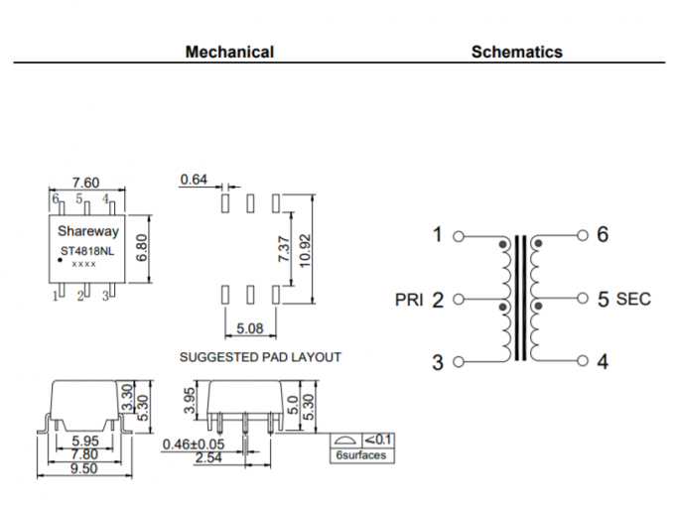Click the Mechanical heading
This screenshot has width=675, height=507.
point(229,52)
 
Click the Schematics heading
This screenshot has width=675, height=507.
point(516,52)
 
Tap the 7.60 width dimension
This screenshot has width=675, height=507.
point(86,183)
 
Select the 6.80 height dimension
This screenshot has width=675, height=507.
point(142,242)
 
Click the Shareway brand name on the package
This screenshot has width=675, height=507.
point(87,231)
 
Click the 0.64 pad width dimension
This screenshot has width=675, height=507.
point(194,180)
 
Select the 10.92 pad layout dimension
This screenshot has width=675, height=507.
point(306,248)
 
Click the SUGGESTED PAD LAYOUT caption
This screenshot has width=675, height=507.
point(260,356)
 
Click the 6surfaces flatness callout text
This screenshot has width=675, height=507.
point(360,455)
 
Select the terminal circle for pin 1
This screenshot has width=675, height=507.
point(458,236)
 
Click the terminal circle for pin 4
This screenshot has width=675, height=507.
point(583,361)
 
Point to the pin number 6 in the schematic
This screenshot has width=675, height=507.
point(603,235)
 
